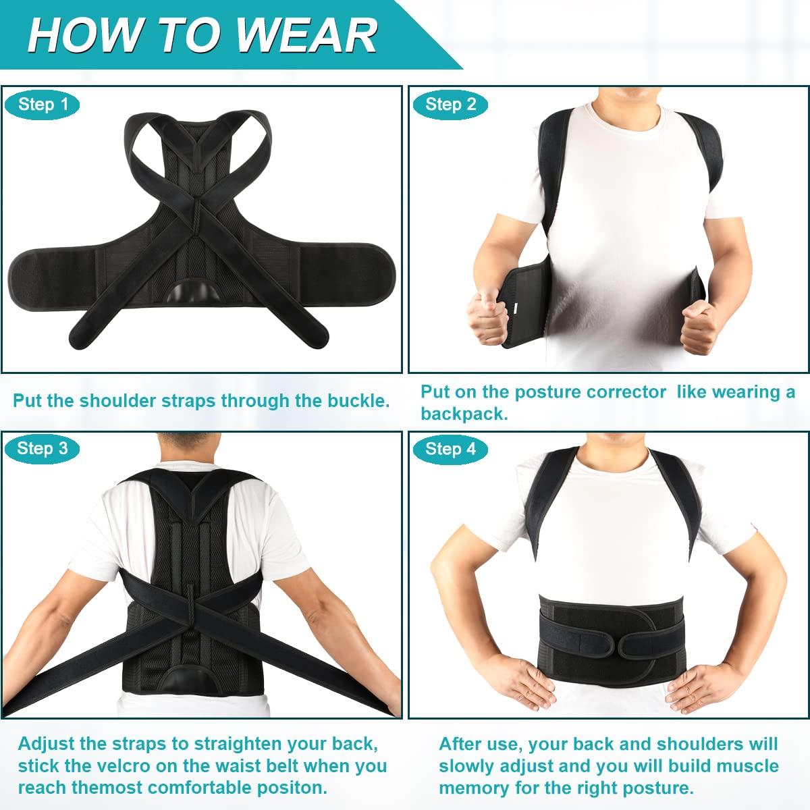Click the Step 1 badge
click(43, 104)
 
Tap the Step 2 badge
click(451, 104)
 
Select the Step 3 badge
click(43, 448)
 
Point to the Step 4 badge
click(451, 449)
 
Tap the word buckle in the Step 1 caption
click(356, 400)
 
